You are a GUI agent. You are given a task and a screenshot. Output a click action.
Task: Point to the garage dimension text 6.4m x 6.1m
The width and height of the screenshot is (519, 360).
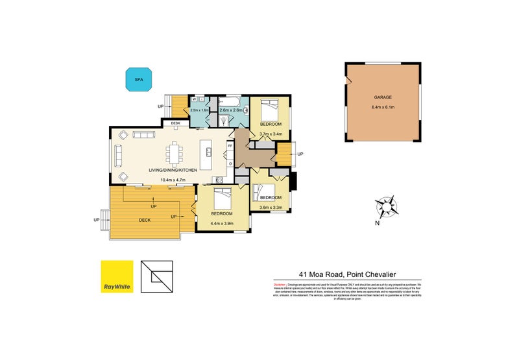click(382, 106)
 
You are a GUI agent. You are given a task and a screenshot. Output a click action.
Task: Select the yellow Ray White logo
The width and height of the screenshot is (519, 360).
click(116, 278)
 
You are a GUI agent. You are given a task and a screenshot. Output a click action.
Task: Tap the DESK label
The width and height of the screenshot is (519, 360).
click(175, 123)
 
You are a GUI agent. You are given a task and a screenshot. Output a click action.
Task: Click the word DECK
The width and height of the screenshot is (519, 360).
click(145, 220)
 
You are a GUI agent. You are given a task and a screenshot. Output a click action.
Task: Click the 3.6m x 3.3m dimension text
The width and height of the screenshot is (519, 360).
click(272, 208)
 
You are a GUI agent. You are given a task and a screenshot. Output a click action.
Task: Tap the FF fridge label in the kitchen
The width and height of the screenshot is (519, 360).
click(230, 147)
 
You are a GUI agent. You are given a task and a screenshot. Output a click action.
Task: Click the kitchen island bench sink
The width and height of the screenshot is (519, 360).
click(210, 153)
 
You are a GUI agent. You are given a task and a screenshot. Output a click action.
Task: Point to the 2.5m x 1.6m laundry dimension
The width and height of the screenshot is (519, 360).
click(200, 110)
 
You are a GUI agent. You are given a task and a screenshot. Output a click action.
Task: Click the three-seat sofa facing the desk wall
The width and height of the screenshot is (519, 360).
click(143, 134)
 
